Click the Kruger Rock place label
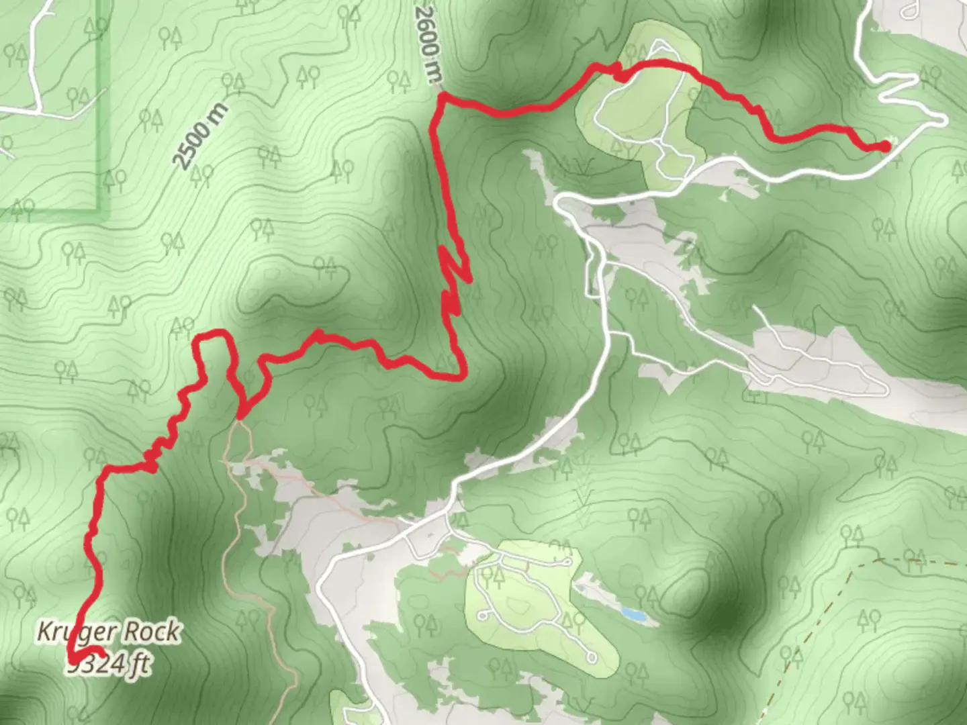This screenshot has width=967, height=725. tap(108, 632)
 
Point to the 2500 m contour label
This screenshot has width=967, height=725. tap(199, 136)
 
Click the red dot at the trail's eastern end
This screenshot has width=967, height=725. tap(885, 146)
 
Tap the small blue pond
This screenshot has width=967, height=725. tap(633, 614)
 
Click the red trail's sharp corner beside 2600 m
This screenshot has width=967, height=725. tap(441, 97)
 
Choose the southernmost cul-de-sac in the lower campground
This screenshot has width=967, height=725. tap(591, 655)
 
